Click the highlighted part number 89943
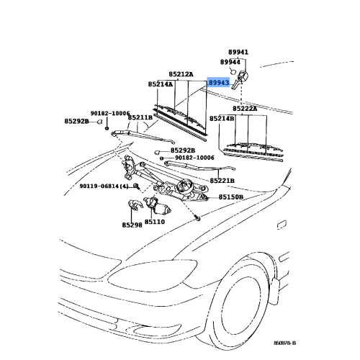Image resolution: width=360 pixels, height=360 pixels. click(219, 83)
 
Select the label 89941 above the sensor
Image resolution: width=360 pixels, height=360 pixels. click(238, 52)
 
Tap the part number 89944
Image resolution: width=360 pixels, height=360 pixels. click(230, 62)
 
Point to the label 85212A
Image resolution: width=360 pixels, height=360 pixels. click(181, 74)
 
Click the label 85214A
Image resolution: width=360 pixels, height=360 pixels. click(160, 84)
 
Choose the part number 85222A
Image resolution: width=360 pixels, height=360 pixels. click(245, 109)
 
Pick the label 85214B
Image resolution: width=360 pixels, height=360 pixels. click(222, 119)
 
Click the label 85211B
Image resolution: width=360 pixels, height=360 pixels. click(140, 117)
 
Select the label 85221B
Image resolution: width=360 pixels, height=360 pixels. click(222, 181)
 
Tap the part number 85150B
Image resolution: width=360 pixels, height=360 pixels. click(231, 197)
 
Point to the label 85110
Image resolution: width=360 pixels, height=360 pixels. click(155, 222)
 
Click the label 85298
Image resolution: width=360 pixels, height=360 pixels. click(132, 225)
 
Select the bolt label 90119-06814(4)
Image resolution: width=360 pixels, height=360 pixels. click(104, 186)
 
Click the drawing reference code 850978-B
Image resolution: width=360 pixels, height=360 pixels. click(285, 343)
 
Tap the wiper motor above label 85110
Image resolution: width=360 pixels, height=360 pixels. click(157, 205)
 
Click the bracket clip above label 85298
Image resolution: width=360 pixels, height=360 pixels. click(135, 205)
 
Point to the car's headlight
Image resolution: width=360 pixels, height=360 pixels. click(153, 274)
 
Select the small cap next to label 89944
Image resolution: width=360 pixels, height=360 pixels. click(233, 71)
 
